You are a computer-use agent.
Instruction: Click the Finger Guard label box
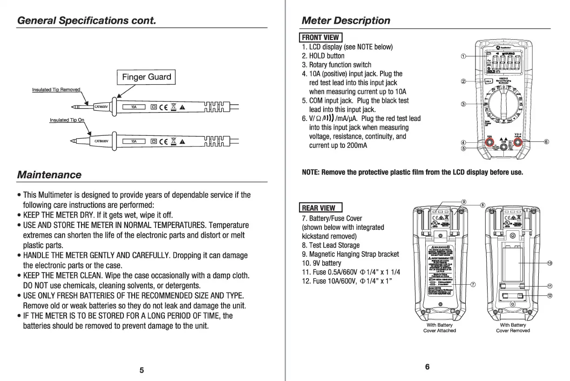click(x=146, y=77)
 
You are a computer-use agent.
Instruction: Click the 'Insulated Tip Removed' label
click(x=56, y=89)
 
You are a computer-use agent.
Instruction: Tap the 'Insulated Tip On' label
click(x=67, y=120)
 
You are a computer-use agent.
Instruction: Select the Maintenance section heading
click(x=49, y=175)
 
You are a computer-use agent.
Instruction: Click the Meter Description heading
click(x=346, y=20)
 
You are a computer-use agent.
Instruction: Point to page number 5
click(x=142, y=370)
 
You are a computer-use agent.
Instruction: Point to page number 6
click(x=427, y=367)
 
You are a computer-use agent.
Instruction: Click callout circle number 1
click(x=463, y=56)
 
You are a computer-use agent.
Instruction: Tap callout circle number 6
click(x=547, y=141)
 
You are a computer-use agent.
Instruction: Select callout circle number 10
click(x=550, y=263)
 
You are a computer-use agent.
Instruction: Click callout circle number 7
click(x=473, y=285)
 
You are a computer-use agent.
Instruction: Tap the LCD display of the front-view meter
click(x=503, y=62)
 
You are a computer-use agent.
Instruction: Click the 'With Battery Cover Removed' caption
click(x=513, y=328)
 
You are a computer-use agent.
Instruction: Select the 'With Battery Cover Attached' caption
click(x=439, y=328)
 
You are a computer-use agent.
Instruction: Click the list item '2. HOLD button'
click(x=323, y=56)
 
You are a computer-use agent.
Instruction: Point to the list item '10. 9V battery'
click(x=321, y=263)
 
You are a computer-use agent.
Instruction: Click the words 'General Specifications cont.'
click(x=86, y=20)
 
